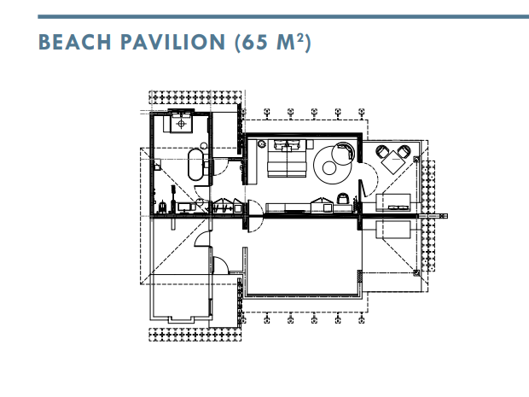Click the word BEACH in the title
click(x=75, y=42)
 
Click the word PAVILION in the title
click(x=172, y=42)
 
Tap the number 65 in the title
click(x=254, y=42)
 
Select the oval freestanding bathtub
click(x=195, y=165)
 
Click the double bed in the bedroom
click(x=287, y=158)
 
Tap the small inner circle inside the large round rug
click(x=328, y=167)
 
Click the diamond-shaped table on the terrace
click(x=393, y=161)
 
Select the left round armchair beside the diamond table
click(x=382, y=151)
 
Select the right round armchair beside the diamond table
click(x=404, y=151)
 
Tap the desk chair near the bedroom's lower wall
click(x=343, y=198)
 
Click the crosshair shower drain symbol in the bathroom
click(x=181, y=124)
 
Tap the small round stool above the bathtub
click(x=203, y=146)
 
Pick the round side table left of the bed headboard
click(x=261, y=144)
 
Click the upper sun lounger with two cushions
click(x=393, y=202)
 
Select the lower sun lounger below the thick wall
click(x=393, y=230)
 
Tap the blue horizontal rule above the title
click(x=283, y=16)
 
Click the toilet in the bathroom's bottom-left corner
click(x=163, y=207)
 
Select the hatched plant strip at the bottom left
click(x=195, y=335)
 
